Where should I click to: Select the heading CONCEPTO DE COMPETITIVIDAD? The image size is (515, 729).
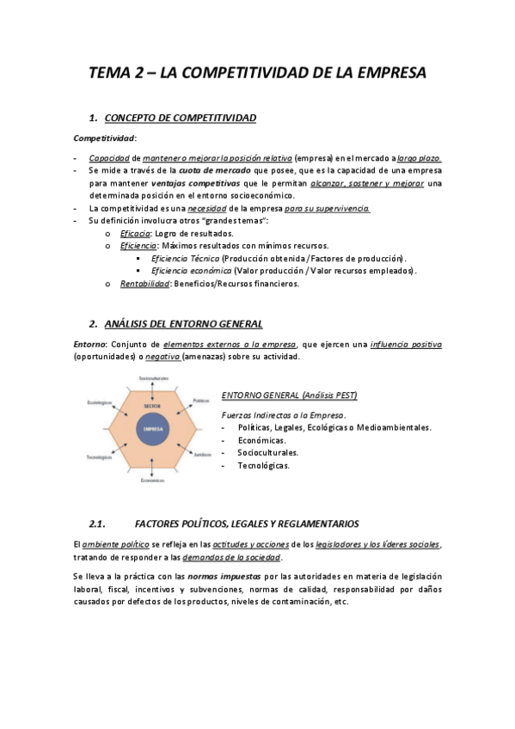click(179, 118)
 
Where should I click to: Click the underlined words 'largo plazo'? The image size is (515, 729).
click(420, 158)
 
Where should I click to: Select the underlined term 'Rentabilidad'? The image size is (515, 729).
click(144, 284)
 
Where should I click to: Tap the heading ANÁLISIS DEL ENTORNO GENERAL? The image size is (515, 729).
click(183, 324)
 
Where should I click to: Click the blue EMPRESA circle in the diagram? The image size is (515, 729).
click(153, 428)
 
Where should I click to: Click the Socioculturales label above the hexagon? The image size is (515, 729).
click(153, 379)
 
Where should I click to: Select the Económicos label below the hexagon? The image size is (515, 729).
click(153, 480)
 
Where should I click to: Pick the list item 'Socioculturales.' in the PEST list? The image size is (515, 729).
click(268, 452)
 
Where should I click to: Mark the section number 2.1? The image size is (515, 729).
click(96, 524)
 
